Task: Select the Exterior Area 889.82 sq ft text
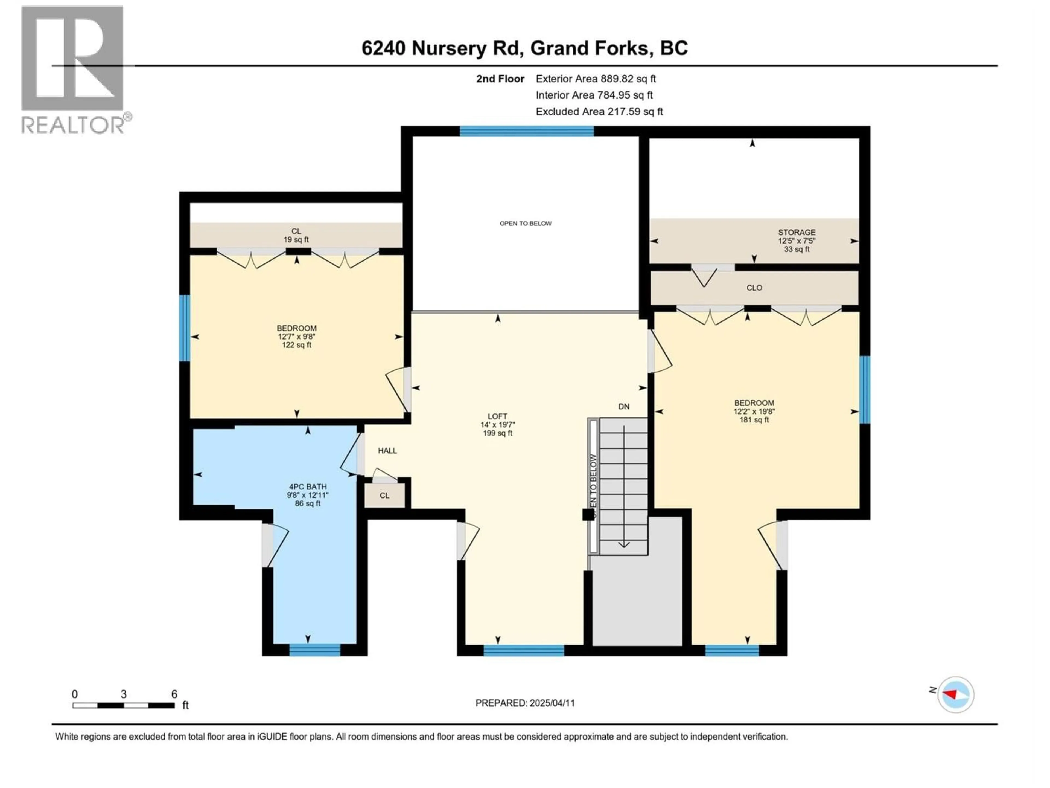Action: (596, 79)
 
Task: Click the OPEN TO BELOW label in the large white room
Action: (526, 223)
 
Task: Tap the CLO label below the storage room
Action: (754, 288)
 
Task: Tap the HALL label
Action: (387, 451)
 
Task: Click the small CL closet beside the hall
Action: (384, 496)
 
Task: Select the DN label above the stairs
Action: (624, 407)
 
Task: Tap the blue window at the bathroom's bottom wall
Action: (315, 650)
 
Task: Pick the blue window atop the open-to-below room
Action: (526, 131)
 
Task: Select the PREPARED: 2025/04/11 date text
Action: (525, 703)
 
